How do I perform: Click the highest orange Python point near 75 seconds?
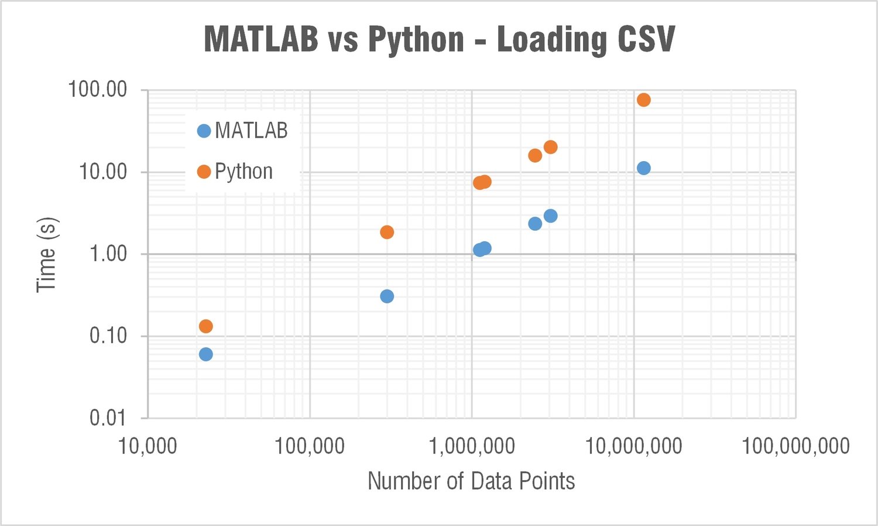click(x=643, y=100)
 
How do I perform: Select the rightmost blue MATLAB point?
click(x=643, y=168)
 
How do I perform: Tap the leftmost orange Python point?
click(x=205, y=326)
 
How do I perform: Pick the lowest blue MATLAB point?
click(x=205, y=354)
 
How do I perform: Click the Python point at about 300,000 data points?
click(x=387, y=233)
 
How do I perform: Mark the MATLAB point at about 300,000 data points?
click(x=387, y=296)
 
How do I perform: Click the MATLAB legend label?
click(x=251, y=131)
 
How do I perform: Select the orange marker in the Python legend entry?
click(x=204, y=172)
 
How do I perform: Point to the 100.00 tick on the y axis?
click(x=97, y=90)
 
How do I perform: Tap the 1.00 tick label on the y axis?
click(x=108, y=254)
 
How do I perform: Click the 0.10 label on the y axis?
click(x=108, y=336)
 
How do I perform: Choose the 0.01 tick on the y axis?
click(x=108, y=418)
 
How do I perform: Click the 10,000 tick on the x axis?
click(x=148, y=446)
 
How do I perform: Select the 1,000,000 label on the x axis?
click(x=472, y=446)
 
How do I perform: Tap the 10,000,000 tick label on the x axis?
click(x=634, y=446)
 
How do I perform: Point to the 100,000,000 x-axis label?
click(x=795, y=446)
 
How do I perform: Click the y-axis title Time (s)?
click(x=46, y=254)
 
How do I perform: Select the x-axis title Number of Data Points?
click(x=471, y=481)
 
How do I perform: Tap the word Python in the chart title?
click(x=416, y=39)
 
